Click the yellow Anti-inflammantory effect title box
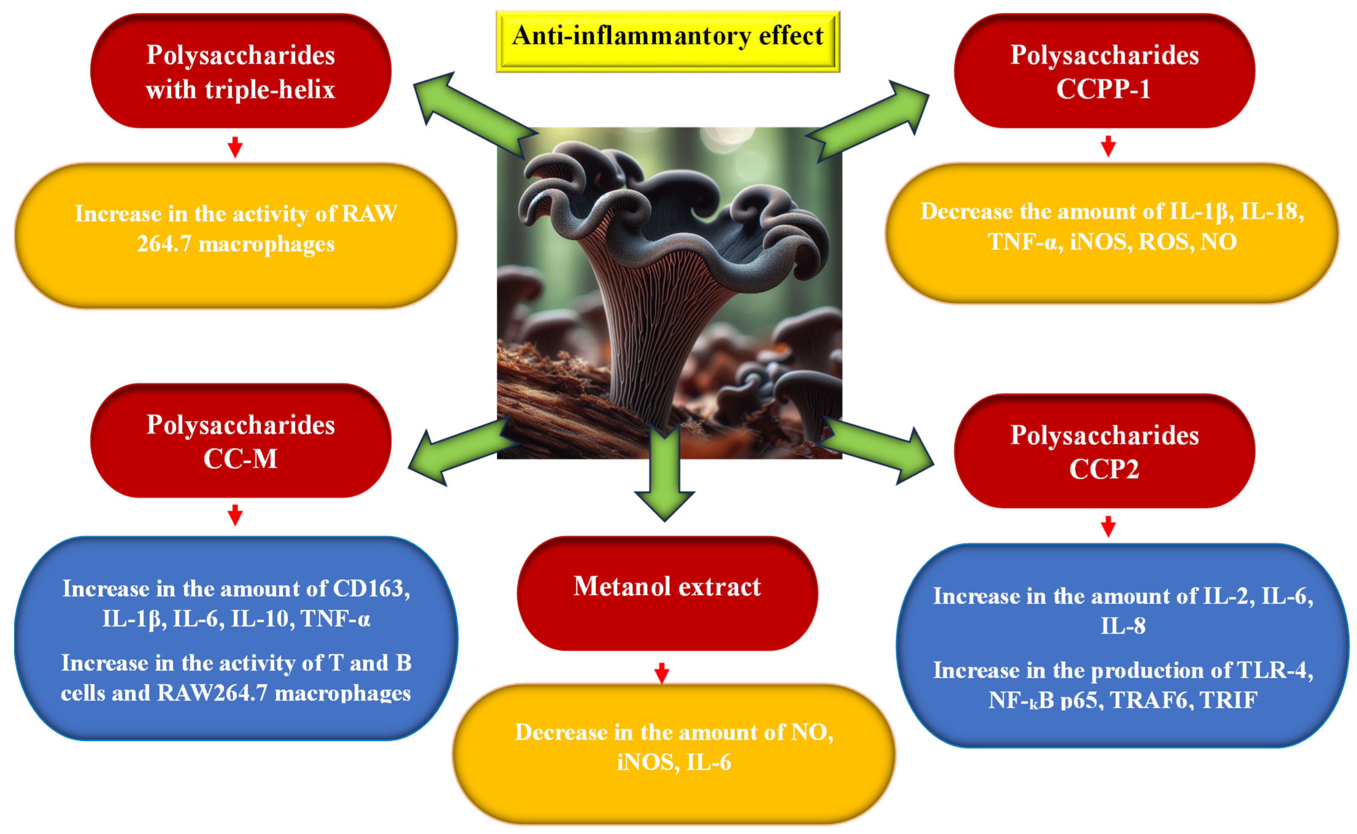pyautogui.click(x=668, y=41)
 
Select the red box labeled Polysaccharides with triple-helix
pyautogui.click(x=241, y=72)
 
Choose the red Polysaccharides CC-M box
pyautogui.click(x=241, y=441)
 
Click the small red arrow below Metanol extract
pyautogui.click(x=661, y=673)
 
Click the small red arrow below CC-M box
pyautogui.click(x=235, y=515)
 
